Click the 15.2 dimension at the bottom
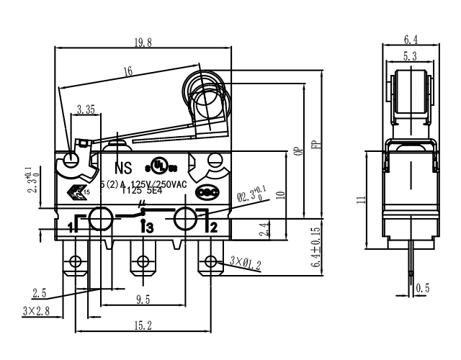coord(145,326)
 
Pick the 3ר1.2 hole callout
coord(246,261)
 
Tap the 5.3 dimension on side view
coord(410,56)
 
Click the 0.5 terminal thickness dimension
coord(424,289)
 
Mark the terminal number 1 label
coord(71,228)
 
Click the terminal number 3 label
coord(149,228)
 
